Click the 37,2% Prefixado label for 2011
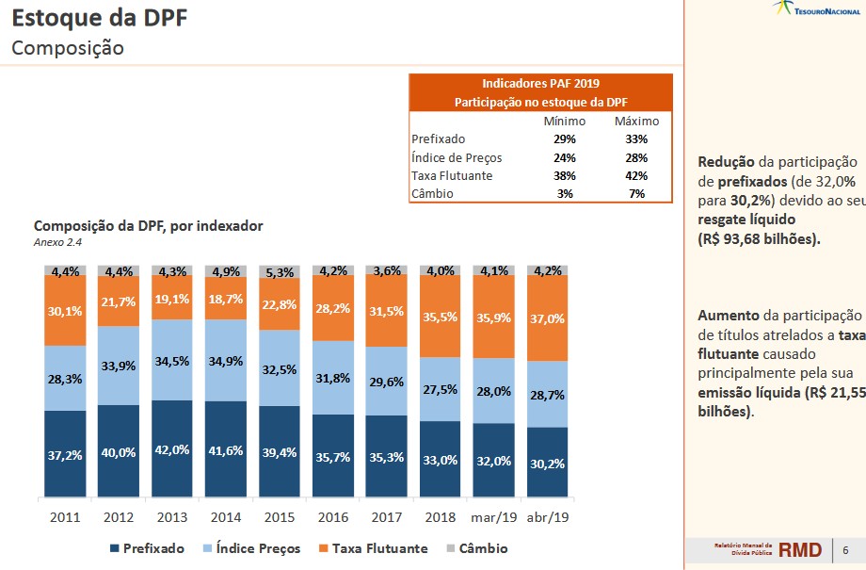[x=65, y=455]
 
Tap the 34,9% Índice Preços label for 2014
[x=226, y=362]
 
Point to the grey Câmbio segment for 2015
[x=280, y=273]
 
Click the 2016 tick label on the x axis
[x=333, y=517]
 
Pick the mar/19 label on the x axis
[x=494, y=517]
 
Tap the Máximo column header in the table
[x=636, y=122]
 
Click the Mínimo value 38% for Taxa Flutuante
[x=565, y=175]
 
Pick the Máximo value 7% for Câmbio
[x=636, y=193]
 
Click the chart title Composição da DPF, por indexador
[x=149, y=226]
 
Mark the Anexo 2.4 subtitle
[x=57, y=242]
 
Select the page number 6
[x=845, y=550]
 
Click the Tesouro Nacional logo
[x=815, y=8]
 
